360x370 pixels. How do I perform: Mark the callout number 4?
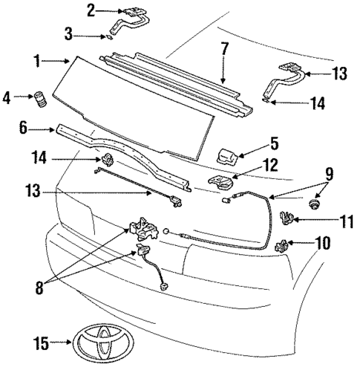click(7, 97)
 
